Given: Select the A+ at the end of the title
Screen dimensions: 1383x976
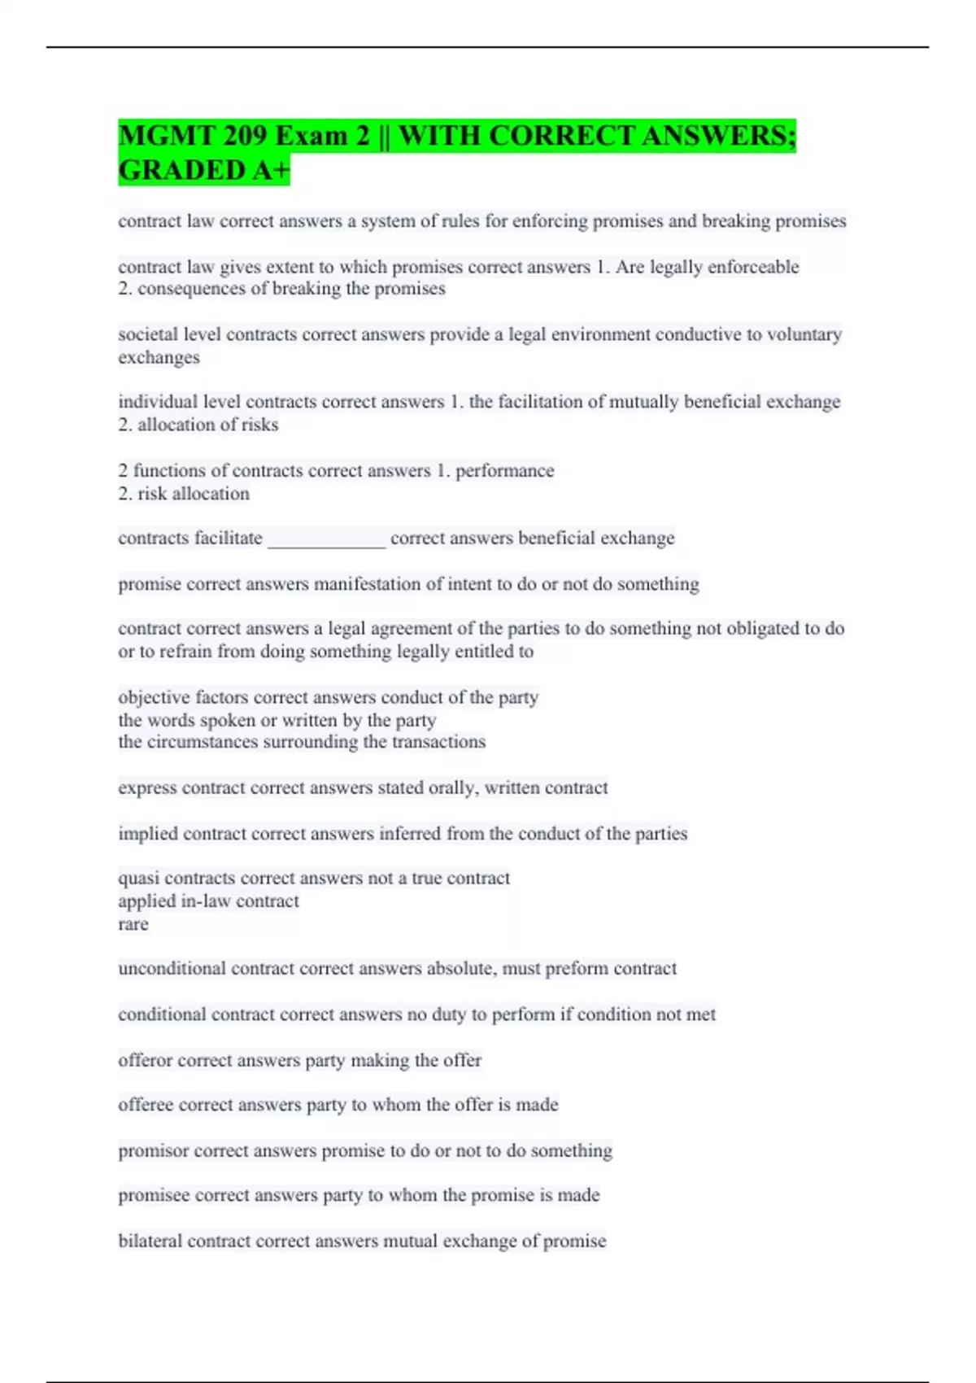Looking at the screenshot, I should [272, 171].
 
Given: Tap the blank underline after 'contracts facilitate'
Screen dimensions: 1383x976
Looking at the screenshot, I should [326, 539].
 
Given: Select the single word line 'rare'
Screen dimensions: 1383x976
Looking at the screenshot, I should [133, 924].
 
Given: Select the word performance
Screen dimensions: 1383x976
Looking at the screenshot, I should [504, 471].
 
